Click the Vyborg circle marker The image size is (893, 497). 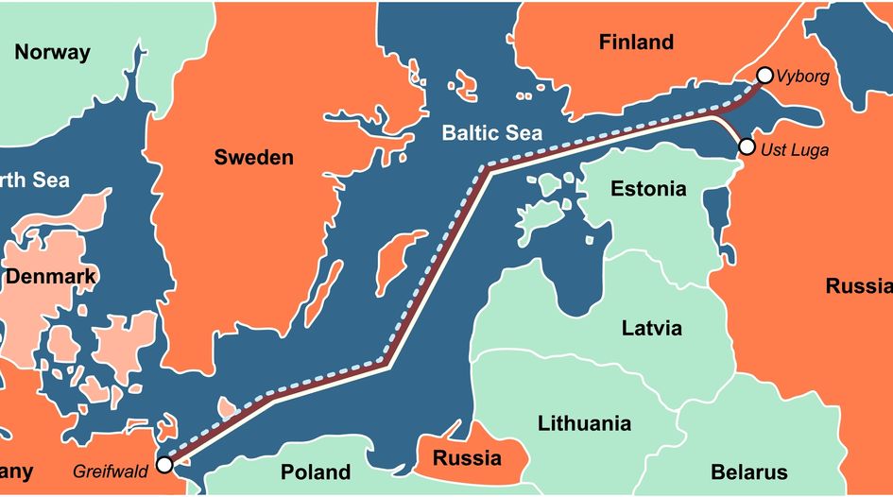[764, 76]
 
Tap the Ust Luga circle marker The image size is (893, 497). [747, 146]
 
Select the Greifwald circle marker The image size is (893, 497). [164, 464]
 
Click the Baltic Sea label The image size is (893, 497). [492, 133]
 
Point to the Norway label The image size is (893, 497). [52, 52]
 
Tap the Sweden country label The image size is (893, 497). [253, 157]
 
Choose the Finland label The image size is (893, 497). [636, 42]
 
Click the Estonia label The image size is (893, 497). [648, 188]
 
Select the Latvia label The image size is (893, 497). [651, 329]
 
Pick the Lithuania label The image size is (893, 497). [584, 422]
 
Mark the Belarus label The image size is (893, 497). [748, 471]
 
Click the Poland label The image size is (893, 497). [316, 471]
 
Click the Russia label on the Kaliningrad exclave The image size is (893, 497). [466, 459]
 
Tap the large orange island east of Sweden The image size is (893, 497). [388, 261]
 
